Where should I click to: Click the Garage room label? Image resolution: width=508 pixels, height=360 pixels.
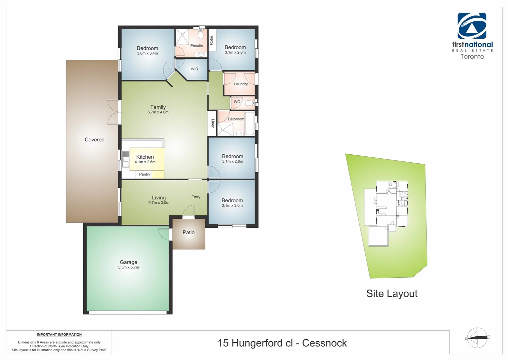click(128, 262)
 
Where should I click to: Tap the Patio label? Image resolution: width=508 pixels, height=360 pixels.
click(189, 233)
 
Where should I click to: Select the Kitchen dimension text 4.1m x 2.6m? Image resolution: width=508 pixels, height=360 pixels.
click(145, 162)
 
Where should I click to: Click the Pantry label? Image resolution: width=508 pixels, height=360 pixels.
click(145, 174)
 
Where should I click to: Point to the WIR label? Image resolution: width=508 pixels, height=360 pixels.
click(195, 69)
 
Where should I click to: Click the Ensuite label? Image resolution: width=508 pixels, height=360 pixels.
click(197, 46)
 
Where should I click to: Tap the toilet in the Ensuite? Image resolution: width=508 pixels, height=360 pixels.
click(201, 34)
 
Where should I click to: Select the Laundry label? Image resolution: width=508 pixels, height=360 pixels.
click(241, 84)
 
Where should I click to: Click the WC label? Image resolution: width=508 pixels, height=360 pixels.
click(237, 102)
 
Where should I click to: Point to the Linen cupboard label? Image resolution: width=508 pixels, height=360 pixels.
click(213, 124)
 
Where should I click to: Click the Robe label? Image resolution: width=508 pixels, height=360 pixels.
click(212, 40)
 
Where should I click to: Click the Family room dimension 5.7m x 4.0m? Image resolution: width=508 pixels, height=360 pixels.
click(158, 112)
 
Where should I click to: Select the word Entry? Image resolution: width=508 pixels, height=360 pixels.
click(196, 197)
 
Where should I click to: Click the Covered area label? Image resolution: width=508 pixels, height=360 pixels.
click(95, 140)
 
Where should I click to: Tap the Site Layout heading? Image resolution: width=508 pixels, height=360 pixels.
click(392, 294)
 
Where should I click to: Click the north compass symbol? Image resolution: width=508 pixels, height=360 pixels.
click(477, 338)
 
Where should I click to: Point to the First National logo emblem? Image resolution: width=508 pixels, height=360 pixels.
click(472, 26)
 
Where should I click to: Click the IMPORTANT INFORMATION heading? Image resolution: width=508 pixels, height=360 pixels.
click(59, 335)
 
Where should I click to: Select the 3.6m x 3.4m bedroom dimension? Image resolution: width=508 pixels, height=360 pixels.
click(147, 53)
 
